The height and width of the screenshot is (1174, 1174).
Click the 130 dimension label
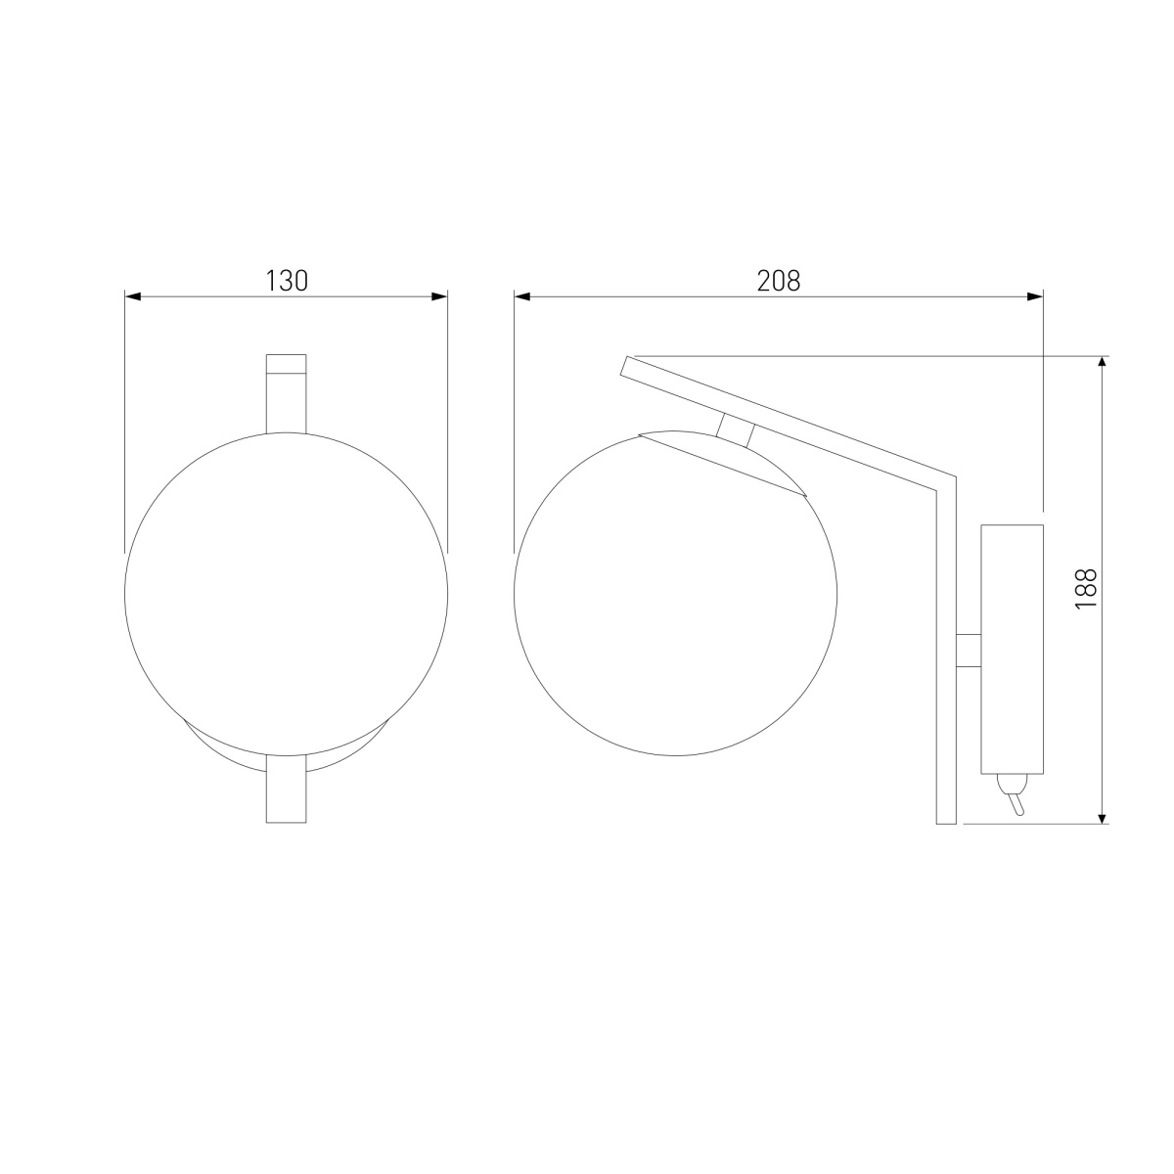(287, 281)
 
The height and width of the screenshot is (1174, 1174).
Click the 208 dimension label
(778, 281)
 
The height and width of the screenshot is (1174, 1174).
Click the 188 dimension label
(1086, 589)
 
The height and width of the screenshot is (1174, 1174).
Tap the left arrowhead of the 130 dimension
(133, 296)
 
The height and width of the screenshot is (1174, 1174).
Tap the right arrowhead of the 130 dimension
(439, 296)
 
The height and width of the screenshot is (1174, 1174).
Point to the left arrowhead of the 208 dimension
(522, 296)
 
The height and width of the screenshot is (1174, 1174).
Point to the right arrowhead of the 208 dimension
(1035, 296)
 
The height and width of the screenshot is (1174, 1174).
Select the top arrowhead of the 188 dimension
(1102, 364)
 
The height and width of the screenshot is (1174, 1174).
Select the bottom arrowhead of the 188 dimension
(1102, 815)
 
